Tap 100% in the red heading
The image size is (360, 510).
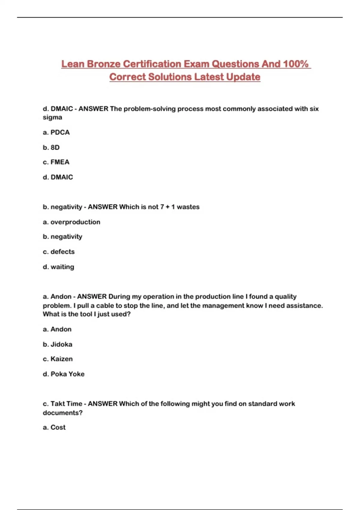pos(296,64)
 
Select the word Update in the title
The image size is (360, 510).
pos(243,77)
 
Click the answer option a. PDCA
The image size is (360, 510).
pos(56,132)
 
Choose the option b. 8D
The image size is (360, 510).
pos(51,147)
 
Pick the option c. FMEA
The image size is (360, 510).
pos(56,162)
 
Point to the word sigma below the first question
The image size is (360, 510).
pos(52,117)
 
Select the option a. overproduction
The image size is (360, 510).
pos(71,222)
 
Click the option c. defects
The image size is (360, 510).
pos(58,252)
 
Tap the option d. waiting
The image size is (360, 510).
pos(58,267)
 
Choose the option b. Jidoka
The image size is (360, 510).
pos(58,344)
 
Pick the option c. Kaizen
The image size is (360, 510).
pos(58,359)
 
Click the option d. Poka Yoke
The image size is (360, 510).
pos(64,374)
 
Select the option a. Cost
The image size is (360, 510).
pos(54,427)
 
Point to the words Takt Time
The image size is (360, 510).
pos(66,404)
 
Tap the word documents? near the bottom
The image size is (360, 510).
pos(62,413)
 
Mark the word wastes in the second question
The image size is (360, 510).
pos(188,207)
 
